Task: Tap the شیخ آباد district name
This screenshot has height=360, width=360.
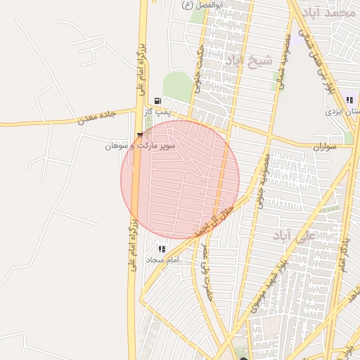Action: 249,61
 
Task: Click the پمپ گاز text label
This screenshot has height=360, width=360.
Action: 158,112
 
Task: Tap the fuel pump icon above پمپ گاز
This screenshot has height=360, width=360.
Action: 157,101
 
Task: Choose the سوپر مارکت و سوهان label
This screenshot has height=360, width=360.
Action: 139,146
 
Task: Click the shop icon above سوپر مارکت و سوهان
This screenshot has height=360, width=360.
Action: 139,135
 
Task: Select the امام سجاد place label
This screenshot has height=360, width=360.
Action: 163,260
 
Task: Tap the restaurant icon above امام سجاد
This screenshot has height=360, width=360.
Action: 162,248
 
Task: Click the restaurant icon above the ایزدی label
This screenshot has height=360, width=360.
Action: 349,100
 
